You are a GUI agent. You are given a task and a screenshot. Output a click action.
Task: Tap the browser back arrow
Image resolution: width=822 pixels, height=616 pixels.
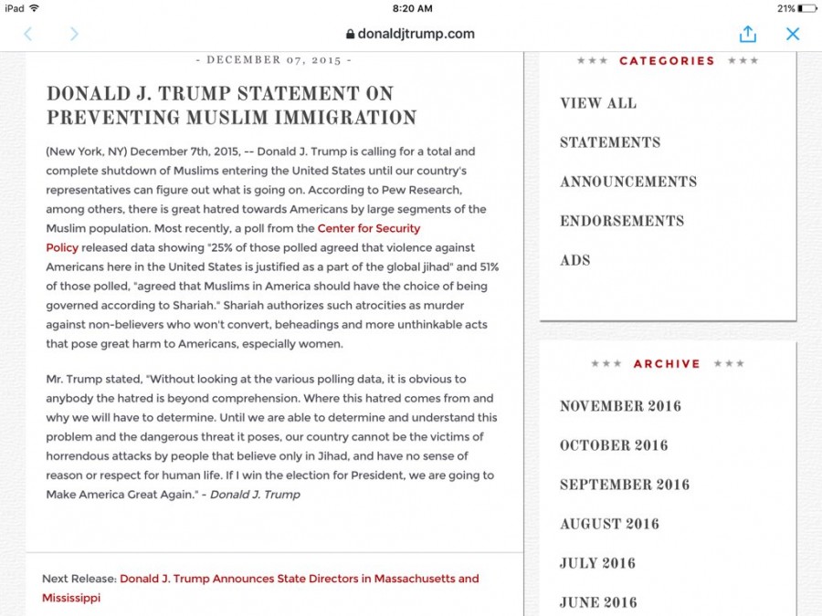tap(27, 34)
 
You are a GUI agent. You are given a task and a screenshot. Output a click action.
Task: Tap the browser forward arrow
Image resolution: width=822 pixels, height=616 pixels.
tap(74, 34)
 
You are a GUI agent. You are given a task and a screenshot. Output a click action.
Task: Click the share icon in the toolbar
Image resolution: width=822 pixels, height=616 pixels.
tap(748, 34)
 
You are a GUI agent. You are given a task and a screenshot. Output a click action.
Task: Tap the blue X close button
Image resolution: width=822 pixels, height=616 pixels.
tap(793, 34)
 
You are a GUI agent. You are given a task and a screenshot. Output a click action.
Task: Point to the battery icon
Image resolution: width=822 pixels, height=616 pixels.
tap(806, 8)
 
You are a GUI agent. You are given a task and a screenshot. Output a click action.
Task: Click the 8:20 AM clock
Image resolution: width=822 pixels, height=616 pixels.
tap(411, 8)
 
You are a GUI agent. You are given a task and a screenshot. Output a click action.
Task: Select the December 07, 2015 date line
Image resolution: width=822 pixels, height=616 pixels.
tap(274, 60)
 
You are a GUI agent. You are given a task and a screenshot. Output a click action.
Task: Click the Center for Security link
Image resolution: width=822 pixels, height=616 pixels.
tap(369, 228)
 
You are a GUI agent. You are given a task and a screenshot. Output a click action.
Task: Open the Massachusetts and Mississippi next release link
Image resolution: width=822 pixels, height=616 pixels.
tap(299, 579)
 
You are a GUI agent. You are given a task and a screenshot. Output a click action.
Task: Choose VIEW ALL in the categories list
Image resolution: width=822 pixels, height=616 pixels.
tap(598, 103)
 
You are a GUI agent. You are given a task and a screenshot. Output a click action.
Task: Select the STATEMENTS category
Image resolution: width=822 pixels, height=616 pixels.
tap(610, 142)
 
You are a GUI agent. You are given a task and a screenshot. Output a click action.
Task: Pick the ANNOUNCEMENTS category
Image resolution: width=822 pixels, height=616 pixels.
tap(628, 182)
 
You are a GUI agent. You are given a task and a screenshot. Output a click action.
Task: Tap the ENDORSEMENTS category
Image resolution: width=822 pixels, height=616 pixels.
tap(622, 221)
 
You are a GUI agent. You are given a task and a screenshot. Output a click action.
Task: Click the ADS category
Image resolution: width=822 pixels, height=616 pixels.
tap(575, 260)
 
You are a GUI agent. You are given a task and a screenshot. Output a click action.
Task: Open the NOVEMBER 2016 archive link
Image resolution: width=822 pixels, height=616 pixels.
tap(620, 406)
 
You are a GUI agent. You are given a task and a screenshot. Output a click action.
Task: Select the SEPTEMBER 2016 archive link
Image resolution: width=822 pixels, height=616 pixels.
tap(625, 485)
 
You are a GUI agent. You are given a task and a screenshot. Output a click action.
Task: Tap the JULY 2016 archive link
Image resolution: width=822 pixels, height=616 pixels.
tap(597, 563)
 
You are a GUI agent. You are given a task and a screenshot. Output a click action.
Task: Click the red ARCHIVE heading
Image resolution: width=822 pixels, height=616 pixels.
tap(667, 363)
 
